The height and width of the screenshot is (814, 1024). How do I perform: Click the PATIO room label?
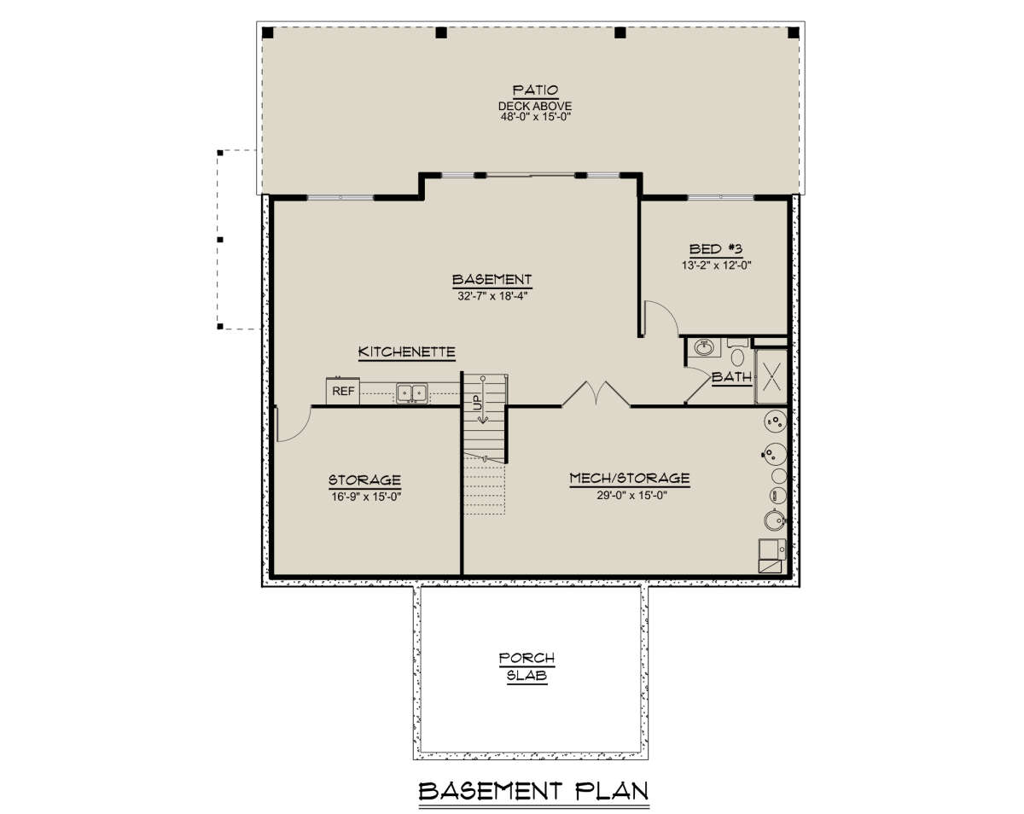click(535, 90)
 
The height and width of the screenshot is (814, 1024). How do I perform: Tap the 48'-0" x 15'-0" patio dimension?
click(535, 117)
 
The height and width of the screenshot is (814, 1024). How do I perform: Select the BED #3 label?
click(716, 249)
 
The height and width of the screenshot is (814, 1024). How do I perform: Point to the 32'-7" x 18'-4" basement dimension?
click(492, 296)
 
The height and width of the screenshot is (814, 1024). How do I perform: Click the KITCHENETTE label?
click(406, 352)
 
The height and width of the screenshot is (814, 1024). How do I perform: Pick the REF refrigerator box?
click(342, 391)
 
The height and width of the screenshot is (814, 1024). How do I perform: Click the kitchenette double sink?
click(411, 393)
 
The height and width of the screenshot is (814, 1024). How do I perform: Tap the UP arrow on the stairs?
click(483, 400)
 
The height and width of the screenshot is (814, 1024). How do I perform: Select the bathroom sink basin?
click(704, 348)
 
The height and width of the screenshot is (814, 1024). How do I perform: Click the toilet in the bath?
click(738, 353)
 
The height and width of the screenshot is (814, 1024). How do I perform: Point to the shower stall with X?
click(771, 376)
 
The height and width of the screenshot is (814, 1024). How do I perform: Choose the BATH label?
click(731, 377)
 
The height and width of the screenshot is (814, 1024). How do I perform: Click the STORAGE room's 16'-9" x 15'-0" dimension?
click(366, 497)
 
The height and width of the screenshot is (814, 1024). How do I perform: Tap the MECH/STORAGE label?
click(630, 478)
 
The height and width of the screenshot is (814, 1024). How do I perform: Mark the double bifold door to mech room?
click(596, 393)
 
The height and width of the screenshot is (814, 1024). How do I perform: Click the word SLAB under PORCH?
click(527, 675)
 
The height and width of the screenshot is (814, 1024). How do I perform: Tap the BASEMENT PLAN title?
click(534, 791)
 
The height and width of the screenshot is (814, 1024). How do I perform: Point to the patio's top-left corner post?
click(268, 32)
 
